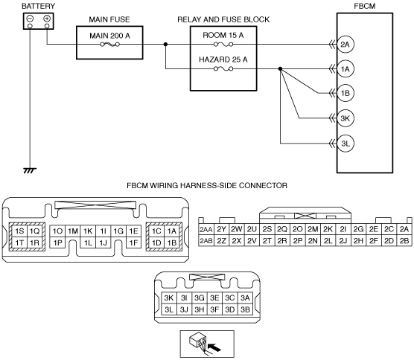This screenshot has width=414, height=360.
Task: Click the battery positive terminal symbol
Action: (47, 19)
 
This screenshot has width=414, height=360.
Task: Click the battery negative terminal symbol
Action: (30, 19)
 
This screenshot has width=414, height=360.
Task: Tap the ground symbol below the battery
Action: (30, 170)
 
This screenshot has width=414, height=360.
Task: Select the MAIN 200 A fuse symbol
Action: (110, 45)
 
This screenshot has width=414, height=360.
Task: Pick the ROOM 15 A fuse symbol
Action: (223, 45)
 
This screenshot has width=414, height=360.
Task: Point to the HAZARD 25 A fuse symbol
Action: (223, 69)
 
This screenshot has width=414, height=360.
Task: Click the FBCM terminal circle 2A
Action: (345, 45)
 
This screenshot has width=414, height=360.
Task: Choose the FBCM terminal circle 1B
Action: (345, 93)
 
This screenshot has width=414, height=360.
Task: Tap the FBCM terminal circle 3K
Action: (345, 118)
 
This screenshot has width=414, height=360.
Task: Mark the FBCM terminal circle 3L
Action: (345, 144)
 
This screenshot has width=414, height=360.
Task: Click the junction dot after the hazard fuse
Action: (280, 69)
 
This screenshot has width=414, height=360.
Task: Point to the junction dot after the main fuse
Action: (165, 45)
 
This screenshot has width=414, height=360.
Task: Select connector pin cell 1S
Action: (19, 231)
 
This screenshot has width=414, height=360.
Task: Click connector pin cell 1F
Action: (133, 242)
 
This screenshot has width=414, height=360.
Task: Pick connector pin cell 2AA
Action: (206, 229)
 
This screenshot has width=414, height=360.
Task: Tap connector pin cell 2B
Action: (404, 240)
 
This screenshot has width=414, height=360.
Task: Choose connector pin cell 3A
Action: (245, 298)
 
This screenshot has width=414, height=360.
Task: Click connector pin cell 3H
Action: (200, 309)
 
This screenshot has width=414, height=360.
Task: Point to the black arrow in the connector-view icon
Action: (214, 347)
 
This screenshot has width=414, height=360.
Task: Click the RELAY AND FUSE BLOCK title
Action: (223, 19)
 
